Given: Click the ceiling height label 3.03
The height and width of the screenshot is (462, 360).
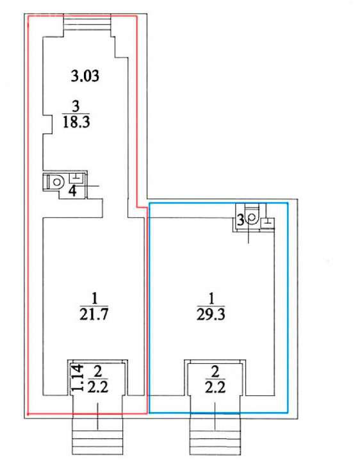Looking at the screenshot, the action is pyautogui.click(x=85, y=76).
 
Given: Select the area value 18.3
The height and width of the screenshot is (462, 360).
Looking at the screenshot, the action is pyautogui.click(x=76, y=122).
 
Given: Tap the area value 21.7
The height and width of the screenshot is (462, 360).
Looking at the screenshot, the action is pyautogui.click(x=94, y=314).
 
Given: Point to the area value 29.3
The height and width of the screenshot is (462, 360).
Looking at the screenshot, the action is pyautogui.click(x=211, y=314).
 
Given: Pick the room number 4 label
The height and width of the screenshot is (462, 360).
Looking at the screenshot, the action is pyautogui.click(x=73, y=191).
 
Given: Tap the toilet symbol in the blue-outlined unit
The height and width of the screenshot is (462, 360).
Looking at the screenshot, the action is pyautogui.click(x=252, y=217).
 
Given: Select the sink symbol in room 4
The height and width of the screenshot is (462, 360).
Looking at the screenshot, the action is pyautogui.click(x=76, y=179).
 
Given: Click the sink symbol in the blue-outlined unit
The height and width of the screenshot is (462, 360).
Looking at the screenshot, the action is pyautogui.click(x=268, y=223).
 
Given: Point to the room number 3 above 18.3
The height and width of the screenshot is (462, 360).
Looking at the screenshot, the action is pyautogui.click(x=76, y=106).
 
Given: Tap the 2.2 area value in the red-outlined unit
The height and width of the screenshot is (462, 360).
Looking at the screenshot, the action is pyautogui.click(x=98, y=387).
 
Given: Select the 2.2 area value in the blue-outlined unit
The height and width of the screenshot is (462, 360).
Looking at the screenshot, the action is pyautogui.click(x=215, y=387).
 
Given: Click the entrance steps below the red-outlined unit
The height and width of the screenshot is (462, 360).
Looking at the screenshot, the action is pyautogui.click(x=97, y=436).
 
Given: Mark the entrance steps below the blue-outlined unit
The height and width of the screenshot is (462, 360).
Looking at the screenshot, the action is pyautogui.click(x=215, y=436).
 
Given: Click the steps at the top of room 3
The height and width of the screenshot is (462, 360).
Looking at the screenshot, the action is pyautogui.click(x=88, y=23).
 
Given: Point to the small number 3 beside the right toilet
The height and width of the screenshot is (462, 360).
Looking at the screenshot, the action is pyautogui.click(x=241, y=220).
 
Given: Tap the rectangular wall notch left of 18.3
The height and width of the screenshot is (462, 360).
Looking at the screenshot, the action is pyautogui.click(x=48, y=125).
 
